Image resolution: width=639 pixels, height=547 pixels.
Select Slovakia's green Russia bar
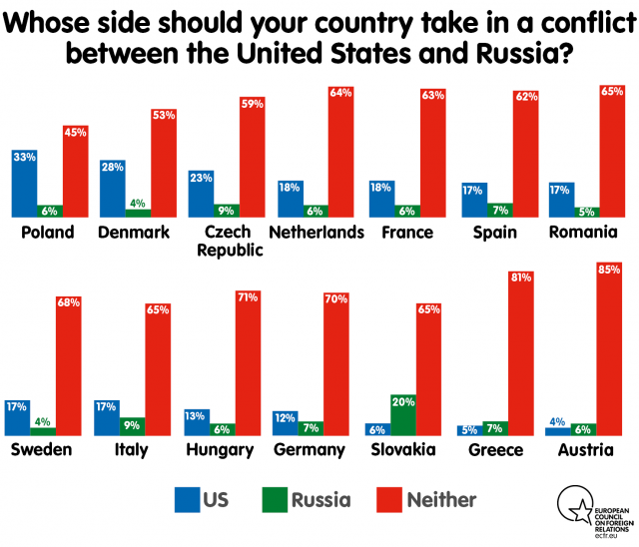(x=402, y=414)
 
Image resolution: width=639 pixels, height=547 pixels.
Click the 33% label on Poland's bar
(x=24, y=157)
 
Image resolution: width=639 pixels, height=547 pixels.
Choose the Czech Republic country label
(x=225, y=242)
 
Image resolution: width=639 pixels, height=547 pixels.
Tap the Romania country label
(x=585, y=233)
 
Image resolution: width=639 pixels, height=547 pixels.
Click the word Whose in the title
(x=59, y=20)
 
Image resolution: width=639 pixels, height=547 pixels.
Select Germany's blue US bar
(x=287, y=422)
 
